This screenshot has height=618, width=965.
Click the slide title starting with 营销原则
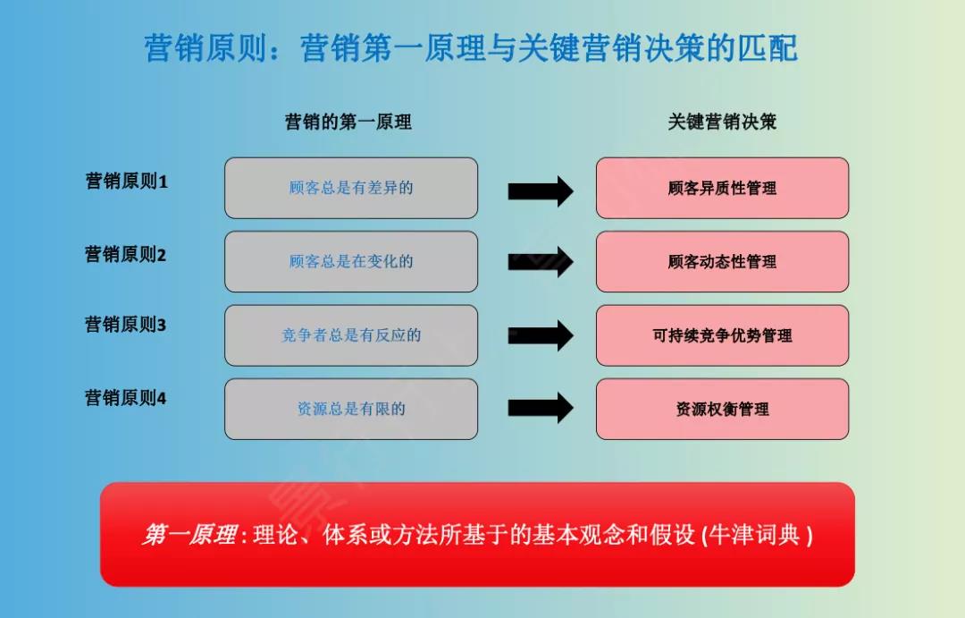click(471, 48)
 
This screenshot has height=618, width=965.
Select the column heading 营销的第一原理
click(348, 123)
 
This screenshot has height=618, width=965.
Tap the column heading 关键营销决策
click(722, 123)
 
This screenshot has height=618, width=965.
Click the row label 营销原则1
click(126, 182)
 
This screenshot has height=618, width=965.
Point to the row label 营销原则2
click(126, 255)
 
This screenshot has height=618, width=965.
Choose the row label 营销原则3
click(126, 325)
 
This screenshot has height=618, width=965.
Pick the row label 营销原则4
click(126, 398)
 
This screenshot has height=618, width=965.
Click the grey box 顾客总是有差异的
click(351, 188)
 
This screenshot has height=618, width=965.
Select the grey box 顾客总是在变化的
click(351, 261)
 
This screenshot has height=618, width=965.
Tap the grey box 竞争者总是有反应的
click(351, 335)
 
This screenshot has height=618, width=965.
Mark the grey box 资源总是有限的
click(351, 409)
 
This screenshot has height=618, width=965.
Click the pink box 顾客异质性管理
click(722, 188)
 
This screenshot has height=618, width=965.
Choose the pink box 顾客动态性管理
click(722, 261)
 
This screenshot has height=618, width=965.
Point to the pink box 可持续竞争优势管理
click(722, 335)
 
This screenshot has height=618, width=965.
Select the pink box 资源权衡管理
click(722, 409)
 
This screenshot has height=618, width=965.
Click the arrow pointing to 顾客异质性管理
click(540, 190)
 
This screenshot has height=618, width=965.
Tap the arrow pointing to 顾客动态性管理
click(540, 262)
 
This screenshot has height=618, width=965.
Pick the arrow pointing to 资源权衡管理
click(540, 408)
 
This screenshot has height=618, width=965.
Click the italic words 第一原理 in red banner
click(189, 535)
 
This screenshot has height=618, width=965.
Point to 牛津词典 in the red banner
click(758, 535)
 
